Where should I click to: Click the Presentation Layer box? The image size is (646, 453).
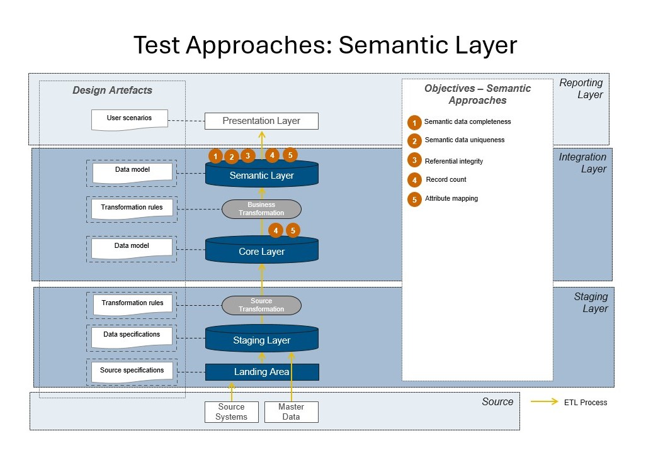point(261,121)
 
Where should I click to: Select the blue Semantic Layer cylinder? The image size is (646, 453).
point(261,176)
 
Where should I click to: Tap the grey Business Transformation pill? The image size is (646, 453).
point(261,209)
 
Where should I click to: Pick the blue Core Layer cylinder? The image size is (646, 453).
point(261,252)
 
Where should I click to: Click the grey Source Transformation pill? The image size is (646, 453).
point(261,305)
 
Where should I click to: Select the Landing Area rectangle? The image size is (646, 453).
point(262,372)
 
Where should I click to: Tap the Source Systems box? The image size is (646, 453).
point(232,411)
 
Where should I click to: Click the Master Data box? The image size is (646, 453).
point(291,411)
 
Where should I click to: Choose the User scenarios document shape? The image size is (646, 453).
point(130,119)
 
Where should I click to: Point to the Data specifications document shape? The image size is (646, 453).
point(132,336)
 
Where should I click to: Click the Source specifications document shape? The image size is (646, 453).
point(132,371)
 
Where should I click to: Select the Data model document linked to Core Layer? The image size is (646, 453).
point(132,247)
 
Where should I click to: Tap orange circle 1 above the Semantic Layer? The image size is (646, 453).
point(215,156)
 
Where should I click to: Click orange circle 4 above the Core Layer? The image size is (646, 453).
point(276,231)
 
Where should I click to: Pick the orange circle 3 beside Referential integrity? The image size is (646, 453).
point(414,160)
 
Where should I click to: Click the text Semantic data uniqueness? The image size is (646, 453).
point(464,140)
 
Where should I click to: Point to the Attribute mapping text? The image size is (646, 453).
point(451,198)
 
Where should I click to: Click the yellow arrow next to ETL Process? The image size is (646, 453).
point(545,401)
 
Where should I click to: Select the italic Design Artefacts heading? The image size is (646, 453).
point(112,90)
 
